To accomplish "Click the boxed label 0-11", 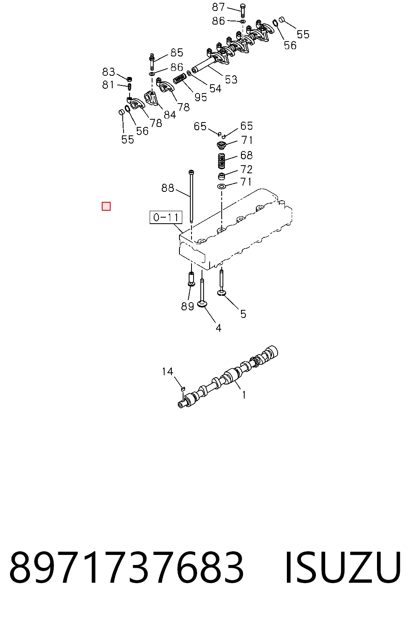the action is pyautogui.click(x=166, y=218).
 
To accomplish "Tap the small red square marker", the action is pyautogui.click(x=106, y=206).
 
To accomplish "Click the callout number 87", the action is pyautogui.click(x=218, y=7).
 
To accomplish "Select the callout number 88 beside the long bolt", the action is pyautogui.click(x=167, y=188).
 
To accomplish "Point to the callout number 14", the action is pyautogui.click(x=167, y=372).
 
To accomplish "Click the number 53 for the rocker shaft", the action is pyautogui.click(x=231, y=79).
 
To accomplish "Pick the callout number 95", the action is pyautogui.click(x=201, y=97).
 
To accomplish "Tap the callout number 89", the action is pyautogui.click(x=187, y=306).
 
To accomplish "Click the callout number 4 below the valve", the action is pyautogui.click(x=218, y=328).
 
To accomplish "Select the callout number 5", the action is pyautogui.click(x=243, y=314).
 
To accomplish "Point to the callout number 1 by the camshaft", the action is pyautogui.click(x=244, y=395).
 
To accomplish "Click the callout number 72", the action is pyautogui.click(x=246, y=169).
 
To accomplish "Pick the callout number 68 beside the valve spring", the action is pyautogui.click(x=246, y=155).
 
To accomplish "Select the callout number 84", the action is pyautogui.click(x=170, y=115).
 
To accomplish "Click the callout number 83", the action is pyautogui.click(x=109, y=72).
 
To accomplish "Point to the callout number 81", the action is pyautogui.click(x=108, y=85).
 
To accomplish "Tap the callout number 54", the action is pyautogui.click(x=216, y=89).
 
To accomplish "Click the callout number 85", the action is pyautogui.click(x=177, y=52).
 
